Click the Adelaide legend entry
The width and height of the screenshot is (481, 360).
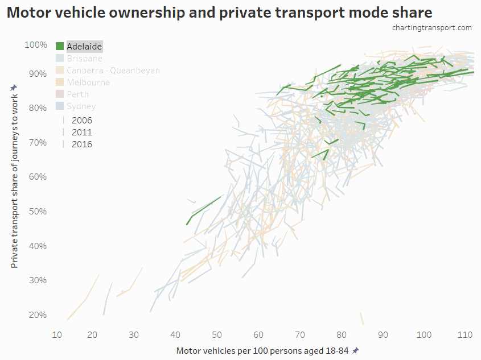(84, 47)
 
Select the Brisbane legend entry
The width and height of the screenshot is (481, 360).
(84, 59)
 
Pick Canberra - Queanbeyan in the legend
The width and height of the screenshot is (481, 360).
(113, 71)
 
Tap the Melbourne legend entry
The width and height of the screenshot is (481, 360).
(88, 82)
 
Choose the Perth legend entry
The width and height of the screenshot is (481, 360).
(77, 94)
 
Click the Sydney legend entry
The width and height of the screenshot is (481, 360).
(81, 106)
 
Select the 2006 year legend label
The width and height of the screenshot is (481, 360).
(81, 120)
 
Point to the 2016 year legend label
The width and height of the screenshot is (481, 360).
(81, 144)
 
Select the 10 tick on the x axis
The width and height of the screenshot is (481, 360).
(57, 335)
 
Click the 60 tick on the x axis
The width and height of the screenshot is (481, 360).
(258, 335)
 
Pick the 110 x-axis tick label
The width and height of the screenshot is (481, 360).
(465, 335)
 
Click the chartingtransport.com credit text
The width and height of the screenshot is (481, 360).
(431, 28)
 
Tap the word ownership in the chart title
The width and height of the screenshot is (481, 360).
(160, 13)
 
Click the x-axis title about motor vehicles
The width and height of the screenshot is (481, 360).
(262, 350)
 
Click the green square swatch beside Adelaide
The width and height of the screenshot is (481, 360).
(60, 47)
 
